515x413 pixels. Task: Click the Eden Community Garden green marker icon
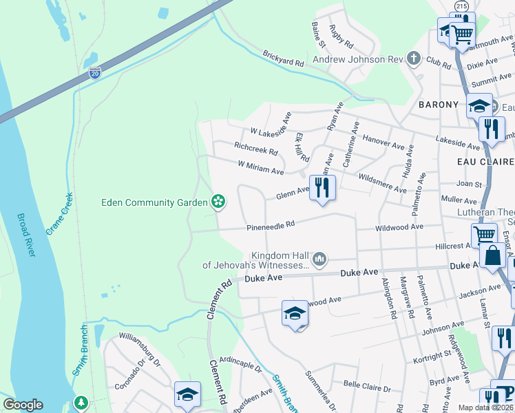pyautogui.click(x=218, y=202)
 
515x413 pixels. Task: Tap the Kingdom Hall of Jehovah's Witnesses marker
pyautogui.click(x=319, y=260)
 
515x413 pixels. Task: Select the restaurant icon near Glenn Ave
pyautogui.click(x=322, y=187)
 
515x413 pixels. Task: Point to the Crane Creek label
pyautogui.click(x=59, y=213)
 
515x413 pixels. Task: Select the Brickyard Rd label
pyautogui.click(x=282, y=59)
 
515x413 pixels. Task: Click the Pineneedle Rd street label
pyautogui.click(x=271, y=224)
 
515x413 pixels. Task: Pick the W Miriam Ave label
pyautogui.click(x=261, y=167)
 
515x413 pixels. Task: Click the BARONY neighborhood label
pyautogui.click(x=438, y=105)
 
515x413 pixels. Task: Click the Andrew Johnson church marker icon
pyautogui.click(x=413, y=59)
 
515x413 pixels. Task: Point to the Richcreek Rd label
pyautogui.click(x=255, y=147)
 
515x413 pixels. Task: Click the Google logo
pyautogui.click(x=23, y=405)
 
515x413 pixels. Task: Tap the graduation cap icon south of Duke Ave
pyautogui.click(x=295, y=314)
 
